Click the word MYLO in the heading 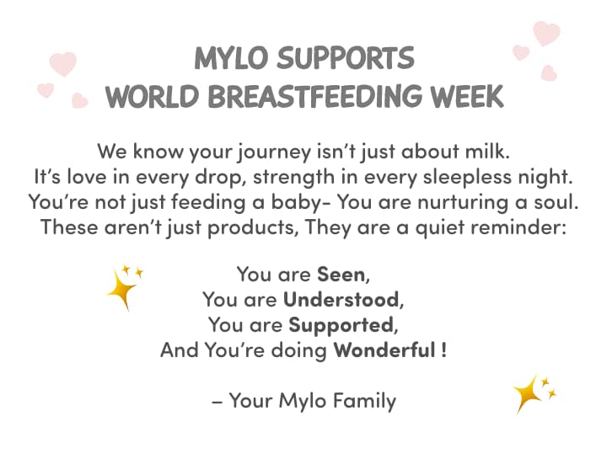point(233,58)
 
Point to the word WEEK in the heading point(466,95)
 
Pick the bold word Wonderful point(384,350)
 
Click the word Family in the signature point(363,400)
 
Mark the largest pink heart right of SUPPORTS point(546,33)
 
